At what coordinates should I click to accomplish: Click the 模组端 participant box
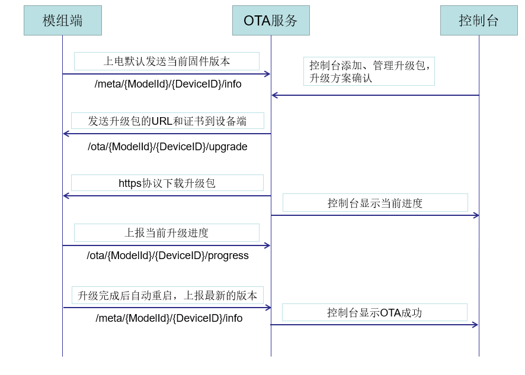[x=62, y=21]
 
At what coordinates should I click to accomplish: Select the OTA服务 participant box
[x=271, y=21]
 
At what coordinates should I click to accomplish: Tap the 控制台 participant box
[x=479, y=21]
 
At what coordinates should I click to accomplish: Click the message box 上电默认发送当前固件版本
[x=167, y=61]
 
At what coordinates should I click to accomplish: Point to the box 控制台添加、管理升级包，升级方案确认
[x=369, y=71]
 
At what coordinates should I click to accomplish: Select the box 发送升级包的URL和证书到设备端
[x=167, y=121]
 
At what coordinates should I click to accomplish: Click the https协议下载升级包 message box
[x=167, y=183]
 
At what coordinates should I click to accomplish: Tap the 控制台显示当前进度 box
[x=375, y=203]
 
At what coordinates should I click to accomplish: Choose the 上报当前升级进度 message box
[x=167, y=232]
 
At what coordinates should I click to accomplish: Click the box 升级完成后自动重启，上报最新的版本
[x=167, y=295]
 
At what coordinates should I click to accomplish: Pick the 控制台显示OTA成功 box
[x=374, y=312]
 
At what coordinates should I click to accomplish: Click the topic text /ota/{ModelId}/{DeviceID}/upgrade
[x=168, y=147]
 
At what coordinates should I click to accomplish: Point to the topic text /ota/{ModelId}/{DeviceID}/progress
[x=168, y=256]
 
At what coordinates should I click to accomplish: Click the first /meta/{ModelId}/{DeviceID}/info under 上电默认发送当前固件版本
[x=168, y=84]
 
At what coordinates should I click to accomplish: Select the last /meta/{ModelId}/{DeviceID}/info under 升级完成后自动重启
[x=169, y=318]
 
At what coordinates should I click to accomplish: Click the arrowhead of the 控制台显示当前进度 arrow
[x=475, y=215]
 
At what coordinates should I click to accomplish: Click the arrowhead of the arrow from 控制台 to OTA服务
[x=275, y=95]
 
